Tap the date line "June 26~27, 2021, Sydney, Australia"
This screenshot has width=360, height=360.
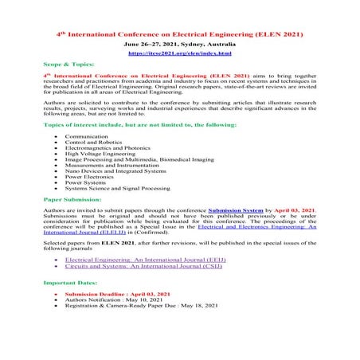179,46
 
